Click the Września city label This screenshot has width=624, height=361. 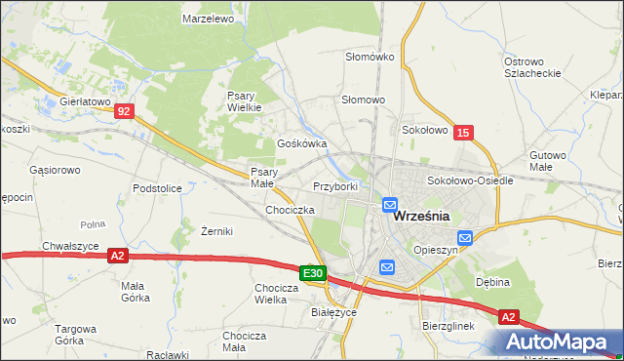point(420,218)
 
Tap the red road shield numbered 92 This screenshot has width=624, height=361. point(122,112)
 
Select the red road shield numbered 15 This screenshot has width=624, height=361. point(464,132)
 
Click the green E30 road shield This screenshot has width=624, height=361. point(312,274)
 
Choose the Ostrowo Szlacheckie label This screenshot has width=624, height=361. point(530,67)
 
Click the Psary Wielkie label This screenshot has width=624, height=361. point(244,101)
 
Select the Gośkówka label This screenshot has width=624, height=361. point(302,142)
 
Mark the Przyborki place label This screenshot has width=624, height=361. point(335,185)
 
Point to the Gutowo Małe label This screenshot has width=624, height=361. point(548,160)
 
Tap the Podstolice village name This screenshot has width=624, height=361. point(158,187)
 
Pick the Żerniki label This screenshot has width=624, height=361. point(216,231)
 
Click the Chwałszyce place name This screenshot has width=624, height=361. point(70,246)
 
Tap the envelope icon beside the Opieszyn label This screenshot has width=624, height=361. point(464,237)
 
